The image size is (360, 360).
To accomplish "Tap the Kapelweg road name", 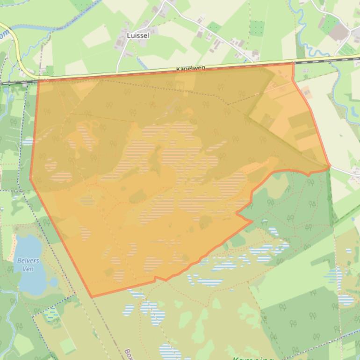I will pyautogui.click(x=191, y=69).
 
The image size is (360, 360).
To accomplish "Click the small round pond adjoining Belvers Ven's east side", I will pyautogui.click(x=54, y=282).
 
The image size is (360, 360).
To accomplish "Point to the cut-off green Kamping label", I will pyautogui.click(x=252, y=358).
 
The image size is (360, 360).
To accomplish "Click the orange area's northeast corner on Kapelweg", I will pyautogui.click(x=293, y=64).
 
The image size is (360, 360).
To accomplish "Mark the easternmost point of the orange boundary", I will pyautogui.click(x=330, y=166).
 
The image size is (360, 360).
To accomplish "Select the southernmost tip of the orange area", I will pyautogui.click(x=92, y=297).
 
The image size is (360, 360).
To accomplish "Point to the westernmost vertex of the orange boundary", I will pyautogui.click(x=30, y=178).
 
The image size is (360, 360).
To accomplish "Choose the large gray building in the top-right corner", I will pyautogui.click(x=338, y=31).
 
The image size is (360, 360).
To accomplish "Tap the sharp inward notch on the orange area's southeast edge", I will pyautogui.click(x=237, y=214).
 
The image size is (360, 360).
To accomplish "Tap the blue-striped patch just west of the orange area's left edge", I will pyautogui.click(x=28, y=141).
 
